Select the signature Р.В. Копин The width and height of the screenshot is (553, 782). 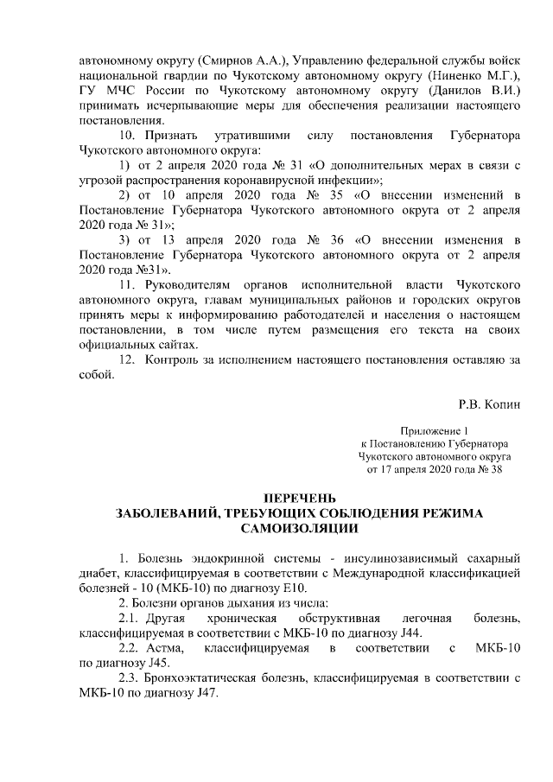[x=489, y=404]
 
